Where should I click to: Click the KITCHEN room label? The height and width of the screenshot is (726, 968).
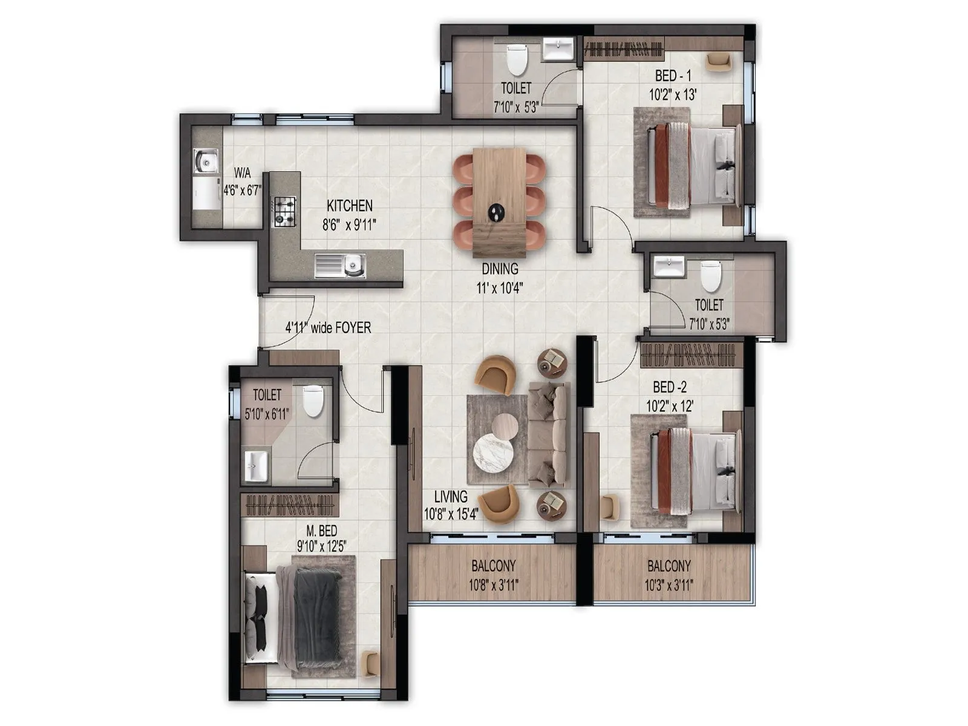350,206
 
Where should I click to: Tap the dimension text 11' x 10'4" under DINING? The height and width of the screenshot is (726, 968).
500,289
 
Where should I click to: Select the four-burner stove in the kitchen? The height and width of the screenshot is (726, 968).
285,212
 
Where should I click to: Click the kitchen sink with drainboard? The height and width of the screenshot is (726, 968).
340,265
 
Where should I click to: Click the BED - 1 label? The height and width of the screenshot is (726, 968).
673,76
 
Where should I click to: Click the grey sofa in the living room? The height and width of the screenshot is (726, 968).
548,434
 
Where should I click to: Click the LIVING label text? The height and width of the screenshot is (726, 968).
451,497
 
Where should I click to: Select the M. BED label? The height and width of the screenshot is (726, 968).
321,531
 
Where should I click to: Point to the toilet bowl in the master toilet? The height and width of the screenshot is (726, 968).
313,401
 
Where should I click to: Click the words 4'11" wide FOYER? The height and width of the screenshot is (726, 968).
328,328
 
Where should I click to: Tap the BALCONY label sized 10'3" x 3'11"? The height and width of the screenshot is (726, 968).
669,567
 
